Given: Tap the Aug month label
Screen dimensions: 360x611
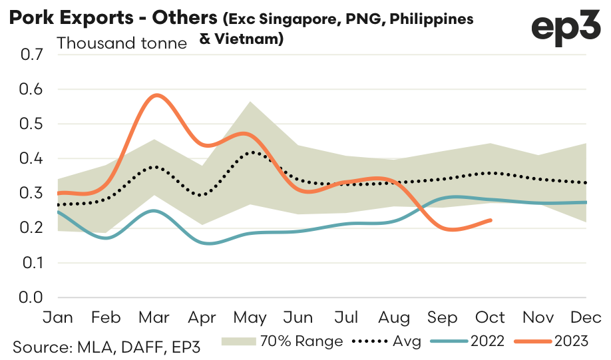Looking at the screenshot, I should click(395, 317).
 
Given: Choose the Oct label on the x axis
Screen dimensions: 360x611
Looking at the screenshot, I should click(491, 317).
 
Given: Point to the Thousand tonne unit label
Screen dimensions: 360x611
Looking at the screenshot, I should click(123, 44).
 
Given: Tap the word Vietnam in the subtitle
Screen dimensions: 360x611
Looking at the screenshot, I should click(248, 39).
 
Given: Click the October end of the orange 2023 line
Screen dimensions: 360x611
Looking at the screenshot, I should click(491, 220).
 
